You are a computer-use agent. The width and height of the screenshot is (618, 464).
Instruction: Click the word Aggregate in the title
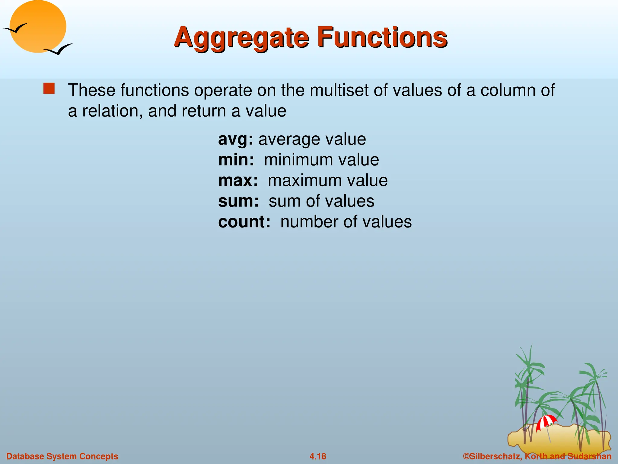pos(241,38)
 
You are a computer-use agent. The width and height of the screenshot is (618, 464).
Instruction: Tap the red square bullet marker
pos(49,89)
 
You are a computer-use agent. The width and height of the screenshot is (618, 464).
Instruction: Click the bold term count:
pos(244,222)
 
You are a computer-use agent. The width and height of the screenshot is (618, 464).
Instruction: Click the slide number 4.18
pos(318,456)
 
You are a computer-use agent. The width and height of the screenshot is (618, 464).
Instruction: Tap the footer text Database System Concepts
pos(62,456)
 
